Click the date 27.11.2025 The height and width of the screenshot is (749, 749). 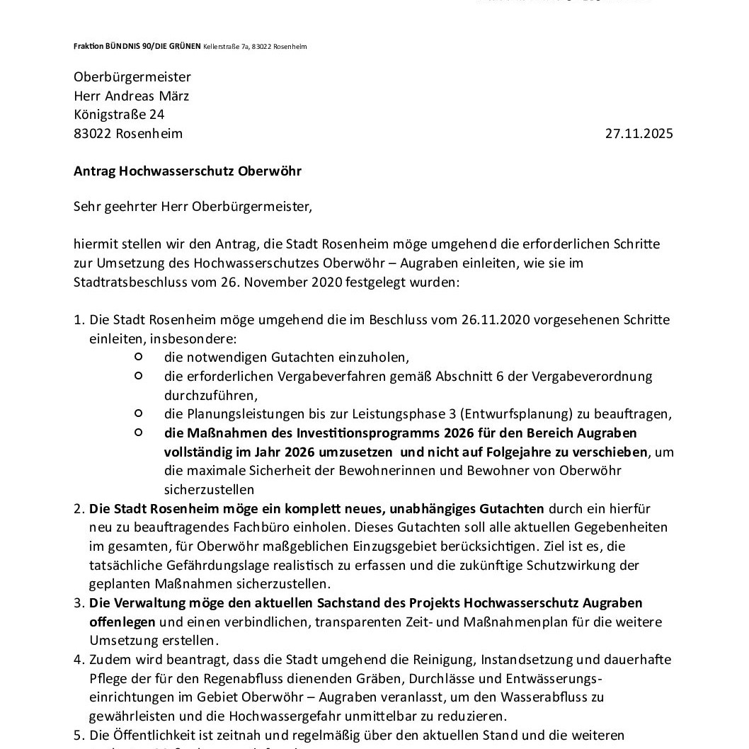[639, 134]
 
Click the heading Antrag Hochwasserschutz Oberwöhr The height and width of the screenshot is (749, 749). [188, 171]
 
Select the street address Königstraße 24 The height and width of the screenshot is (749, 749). [119, 115]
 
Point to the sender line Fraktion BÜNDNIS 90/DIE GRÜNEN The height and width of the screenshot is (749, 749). [137, 47]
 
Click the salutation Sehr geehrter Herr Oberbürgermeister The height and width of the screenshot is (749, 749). [193, 207]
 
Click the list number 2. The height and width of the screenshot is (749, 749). [79, 509]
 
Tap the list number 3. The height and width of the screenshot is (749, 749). [79, 603]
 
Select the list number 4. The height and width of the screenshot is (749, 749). [79, 660]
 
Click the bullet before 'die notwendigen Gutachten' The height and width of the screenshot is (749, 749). [139, 357]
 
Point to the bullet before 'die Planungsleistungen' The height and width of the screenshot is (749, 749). [139, 413]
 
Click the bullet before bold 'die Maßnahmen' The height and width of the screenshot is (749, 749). [139, 433]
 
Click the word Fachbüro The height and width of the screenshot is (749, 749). [297, 527]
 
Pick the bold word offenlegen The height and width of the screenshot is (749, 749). [122, 622]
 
